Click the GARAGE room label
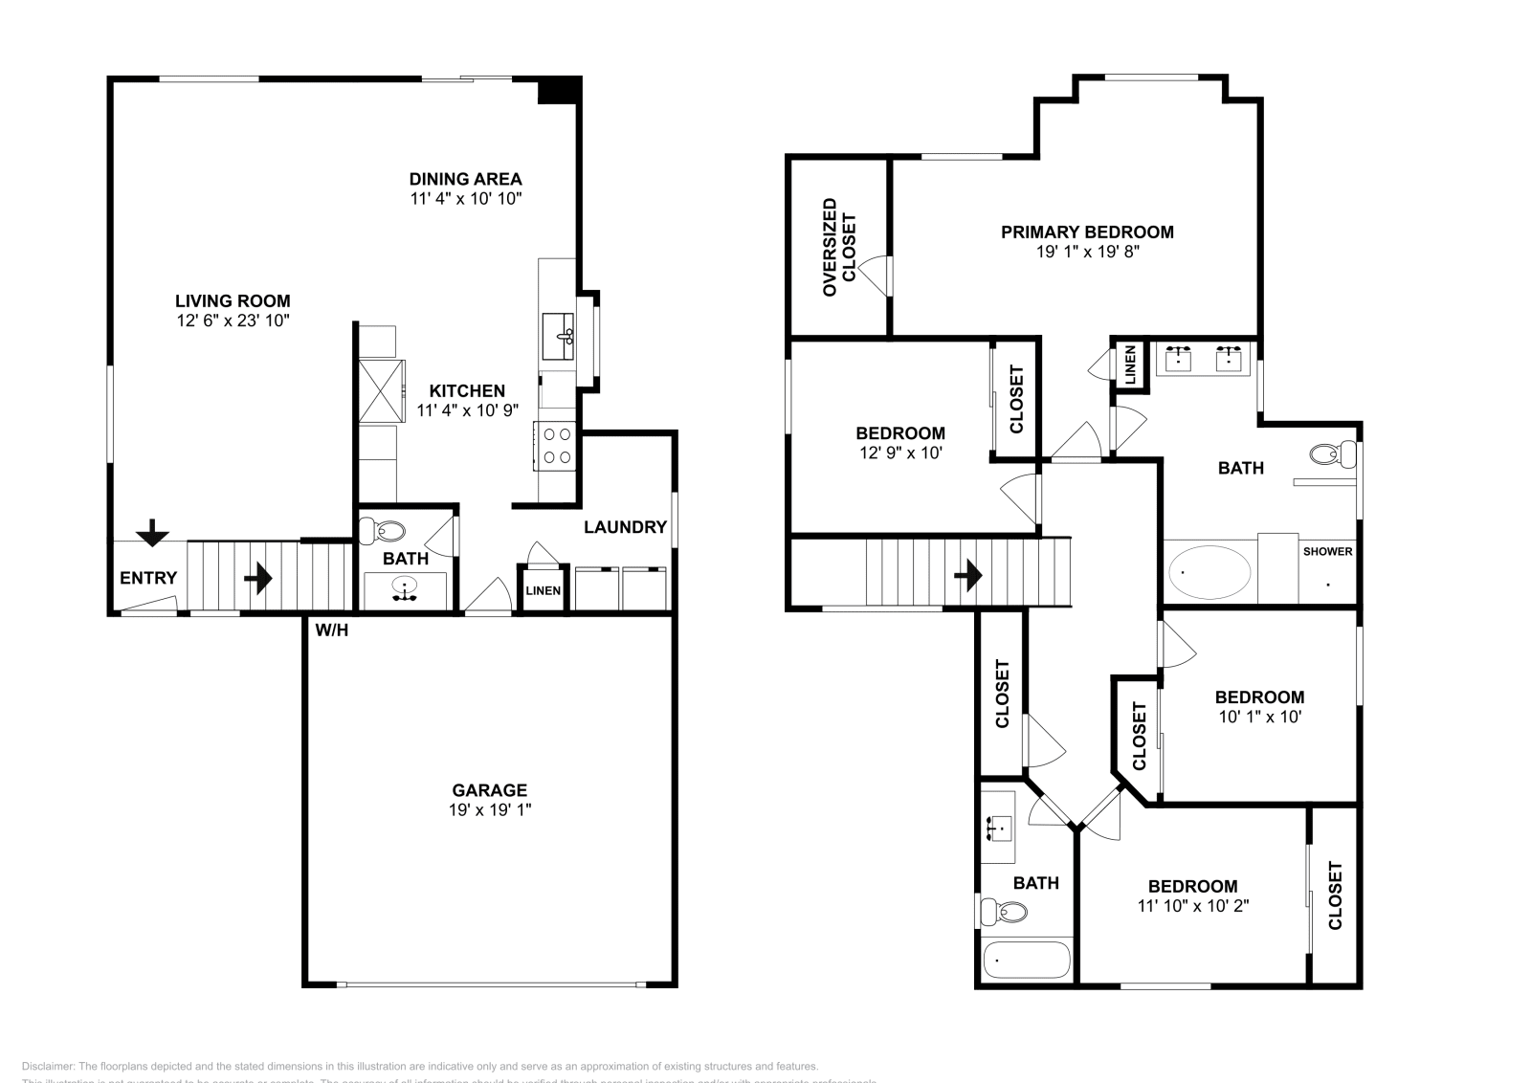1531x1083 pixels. coord(489,790)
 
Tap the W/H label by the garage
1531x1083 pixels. coord(331,630)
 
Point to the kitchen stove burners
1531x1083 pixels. coord(557,446)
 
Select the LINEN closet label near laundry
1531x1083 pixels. coord(543,591)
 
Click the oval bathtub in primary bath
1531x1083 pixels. coord(1209,572)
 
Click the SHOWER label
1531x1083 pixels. coord(1327,552)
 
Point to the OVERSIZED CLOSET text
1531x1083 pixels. coord(839,247)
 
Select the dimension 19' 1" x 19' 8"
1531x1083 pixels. coord(1087,253)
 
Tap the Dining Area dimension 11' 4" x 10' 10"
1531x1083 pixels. coord(465,199)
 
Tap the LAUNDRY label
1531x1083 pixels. coord(625,527)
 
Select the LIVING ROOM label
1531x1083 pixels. coord(233,300)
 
